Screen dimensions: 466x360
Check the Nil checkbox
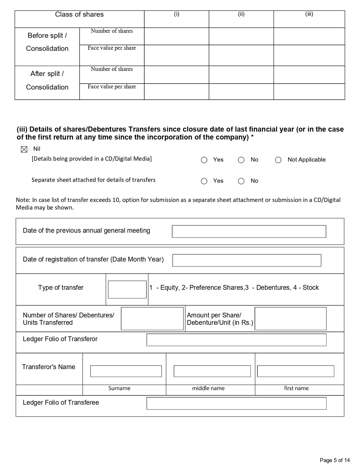tap(24, 149)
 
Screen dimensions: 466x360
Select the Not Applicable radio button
tap(278, 160)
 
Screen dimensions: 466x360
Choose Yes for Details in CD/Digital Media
tap(204, 160)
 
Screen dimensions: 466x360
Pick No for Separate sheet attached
tap(241, 181)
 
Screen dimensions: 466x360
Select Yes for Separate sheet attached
tap(204, 181)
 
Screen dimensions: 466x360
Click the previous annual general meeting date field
tap(249, 231)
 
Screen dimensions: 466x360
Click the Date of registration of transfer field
tap(247, 260)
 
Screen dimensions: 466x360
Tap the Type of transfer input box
tap(127, 289)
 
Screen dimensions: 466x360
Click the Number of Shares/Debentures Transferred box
tap(152, 319)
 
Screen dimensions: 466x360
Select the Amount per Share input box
tap(291, 319)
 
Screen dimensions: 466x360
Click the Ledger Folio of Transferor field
tap(236, 340)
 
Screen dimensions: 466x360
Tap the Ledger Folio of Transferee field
tap(236, 403)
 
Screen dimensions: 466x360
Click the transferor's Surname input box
tap(126, 371)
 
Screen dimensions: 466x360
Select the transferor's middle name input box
tap(212, 371)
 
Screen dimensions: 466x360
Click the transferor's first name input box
tap(296, 371)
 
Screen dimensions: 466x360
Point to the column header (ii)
tap(241, 14)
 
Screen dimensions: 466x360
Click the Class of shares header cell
tap(79, 14)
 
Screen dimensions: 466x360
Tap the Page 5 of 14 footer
tap(335, 460)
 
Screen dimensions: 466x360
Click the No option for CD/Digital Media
tap(241, 160)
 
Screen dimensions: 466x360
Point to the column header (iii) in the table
tap(309, 14)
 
